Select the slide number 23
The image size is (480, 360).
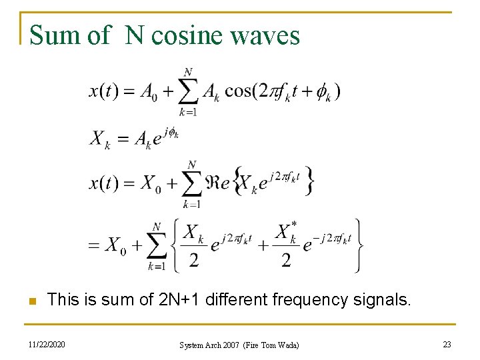(446, 344)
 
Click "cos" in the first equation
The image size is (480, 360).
(237, 91)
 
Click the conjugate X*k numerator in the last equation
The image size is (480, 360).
(286, 233)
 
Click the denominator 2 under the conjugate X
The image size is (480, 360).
(285, 259)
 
